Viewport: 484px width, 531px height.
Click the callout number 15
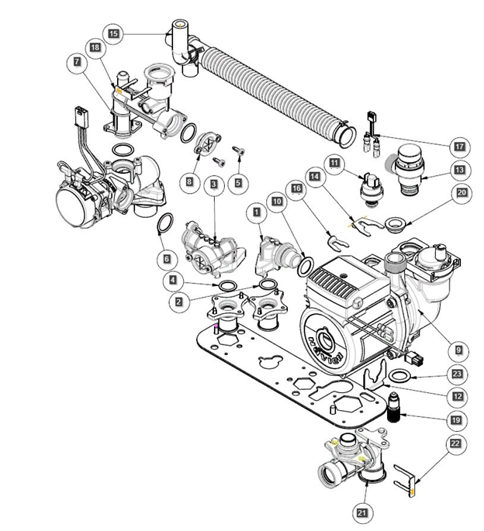click(x=114, y=34)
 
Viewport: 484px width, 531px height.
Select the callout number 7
click(x=78, y=61)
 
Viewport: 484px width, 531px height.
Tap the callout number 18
click(x=95, y=47)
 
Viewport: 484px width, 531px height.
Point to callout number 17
click(x=460, y=145)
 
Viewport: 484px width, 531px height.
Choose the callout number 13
click(x=460, y=169)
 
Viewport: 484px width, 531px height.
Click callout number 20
click(x=462, y=192)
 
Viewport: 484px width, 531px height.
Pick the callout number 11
click(x=334, y=164)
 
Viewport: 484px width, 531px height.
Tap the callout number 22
click(x=455, y=443)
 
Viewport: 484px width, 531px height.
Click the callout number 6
click(x=164, y=257)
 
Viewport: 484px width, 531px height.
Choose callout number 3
click(x=213, y=184)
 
